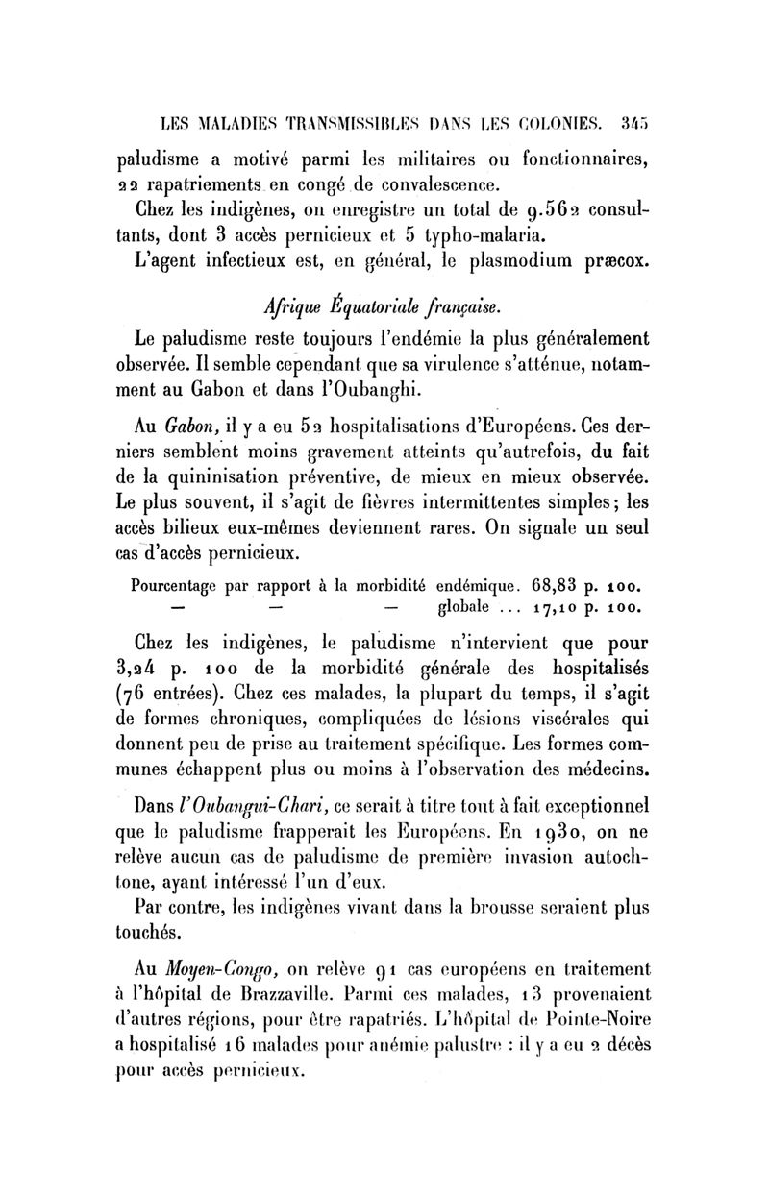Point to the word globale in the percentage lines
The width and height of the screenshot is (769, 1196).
pos(463,606)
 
